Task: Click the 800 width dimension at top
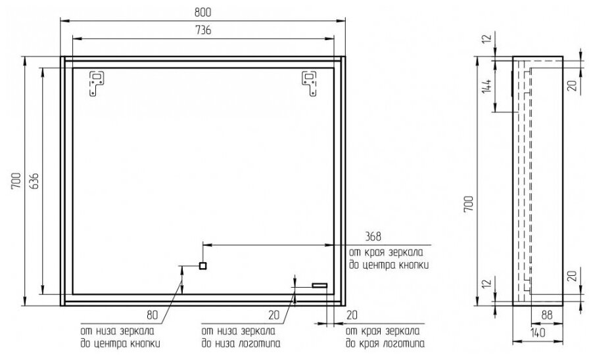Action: tap(204, 12)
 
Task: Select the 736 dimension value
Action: tap(204, 32)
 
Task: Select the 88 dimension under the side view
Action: tap(545, 315)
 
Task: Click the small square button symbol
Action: tap(203, 266)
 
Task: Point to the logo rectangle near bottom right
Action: tap(320, 285)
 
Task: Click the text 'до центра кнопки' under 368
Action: tap(387, 267)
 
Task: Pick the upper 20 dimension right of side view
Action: tap(572, 86)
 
